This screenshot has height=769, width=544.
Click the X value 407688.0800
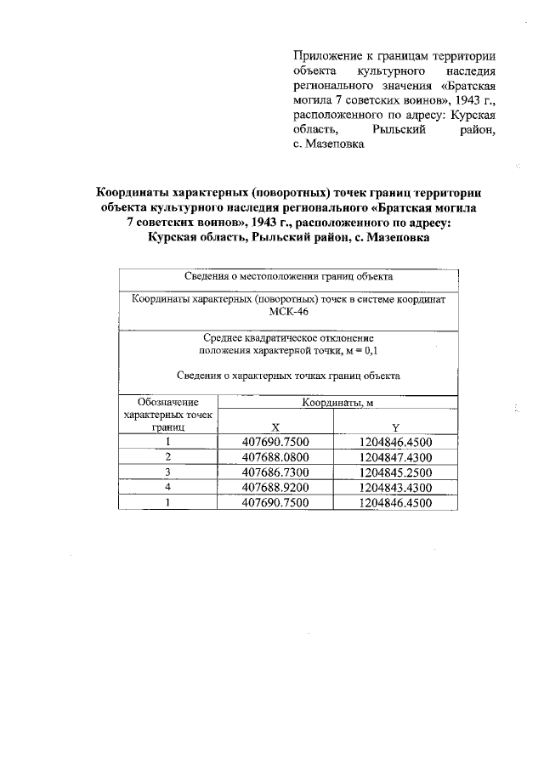275,457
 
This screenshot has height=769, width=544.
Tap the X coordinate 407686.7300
275,472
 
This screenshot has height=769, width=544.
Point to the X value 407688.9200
275,487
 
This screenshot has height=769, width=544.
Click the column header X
275,427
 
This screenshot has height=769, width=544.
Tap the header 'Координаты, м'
337,402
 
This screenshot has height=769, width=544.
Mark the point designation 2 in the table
168,457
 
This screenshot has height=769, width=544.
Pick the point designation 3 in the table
168,472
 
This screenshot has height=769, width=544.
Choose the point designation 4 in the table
168,487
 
